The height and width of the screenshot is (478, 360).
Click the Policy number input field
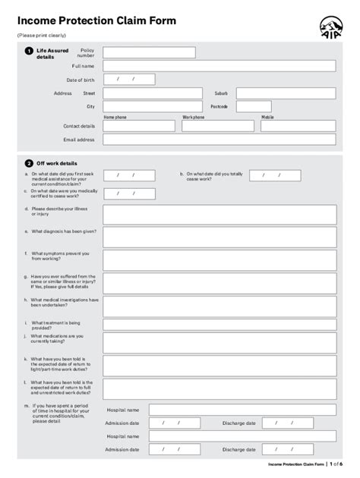click(x=149, y=52)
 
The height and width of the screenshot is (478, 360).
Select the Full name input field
click(x=219, y=66)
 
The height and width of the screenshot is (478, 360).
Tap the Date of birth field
click(x=129, y=79)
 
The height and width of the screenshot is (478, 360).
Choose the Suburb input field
click(x=285, y=93)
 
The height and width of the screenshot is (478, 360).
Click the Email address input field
click(x=219, y=140)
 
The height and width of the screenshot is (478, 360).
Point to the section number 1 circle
click(x=29, y=51)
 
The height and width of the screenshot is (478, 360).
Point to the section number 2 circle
click(x=29, y=162)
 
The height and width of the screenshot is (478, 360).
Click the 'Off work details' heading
click(x=57, y=163)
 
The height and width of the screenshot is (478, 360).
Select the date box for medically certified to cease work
click(x=129, y=193)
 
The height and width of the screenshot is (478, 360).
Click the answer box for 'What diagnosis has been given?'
click(x=219, y=237)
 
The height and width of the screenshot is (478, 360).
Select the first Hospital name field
click(x=242, y=410)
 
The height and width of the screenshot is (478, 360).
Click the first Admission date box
click(x=174, y=423)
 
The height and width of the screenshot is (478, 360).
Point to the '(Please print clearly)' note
click(x=42, y=36)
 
